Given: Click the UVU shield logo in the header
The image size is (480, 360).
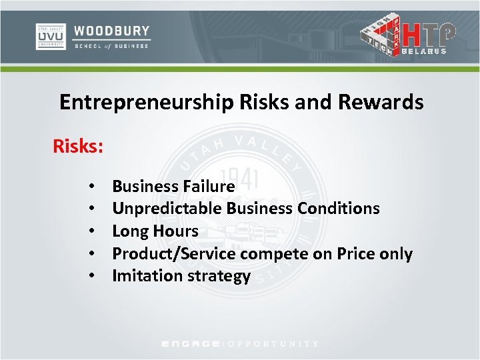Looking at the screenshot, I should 51,36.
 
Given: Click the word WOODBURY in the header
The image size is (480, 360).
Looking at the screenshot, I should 112,31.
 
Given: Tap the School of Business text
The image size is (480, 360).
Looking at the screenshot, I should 112,45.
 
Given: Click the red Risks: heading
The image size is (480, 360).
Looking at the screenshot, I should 78,145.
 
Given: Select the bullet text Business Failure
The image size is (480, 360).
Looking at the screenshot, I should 173,186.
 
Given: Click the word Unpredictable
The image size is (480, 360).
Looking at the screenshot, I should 167,209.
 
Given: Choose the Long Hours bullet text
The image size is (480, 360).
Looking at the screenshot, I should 155,231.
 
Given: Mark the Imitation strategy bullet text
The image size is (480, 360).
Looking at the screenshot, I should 181,276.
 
